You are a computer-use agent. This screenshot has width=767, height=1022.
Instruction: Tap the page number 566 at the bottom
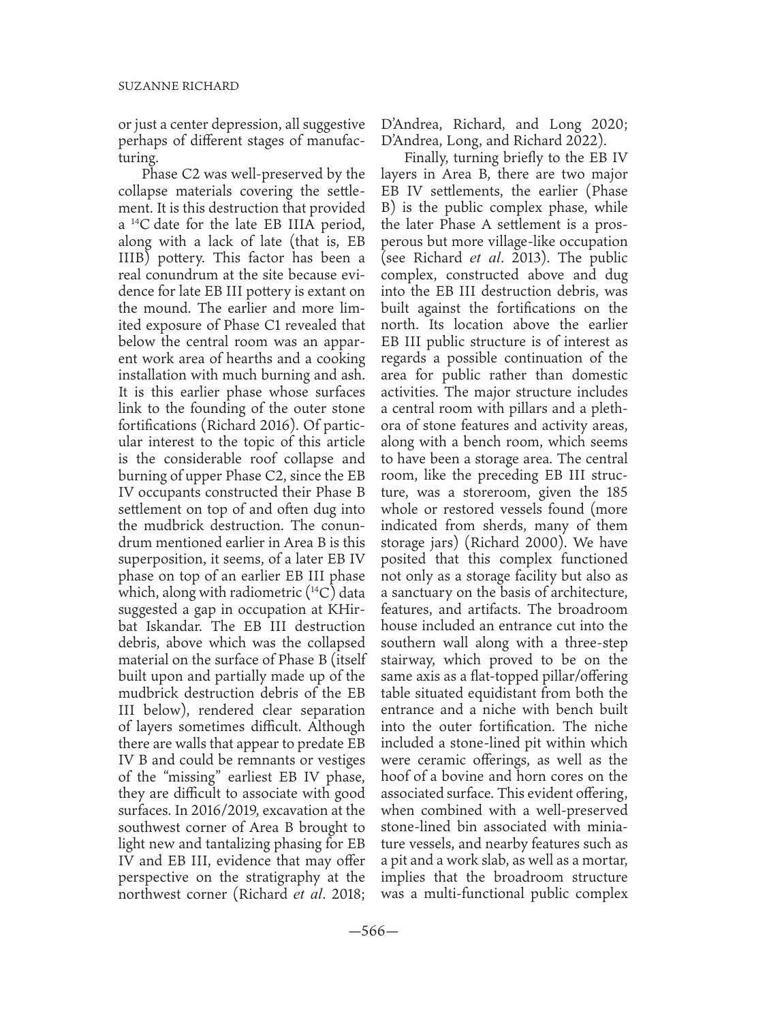[x=383, y=931]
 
